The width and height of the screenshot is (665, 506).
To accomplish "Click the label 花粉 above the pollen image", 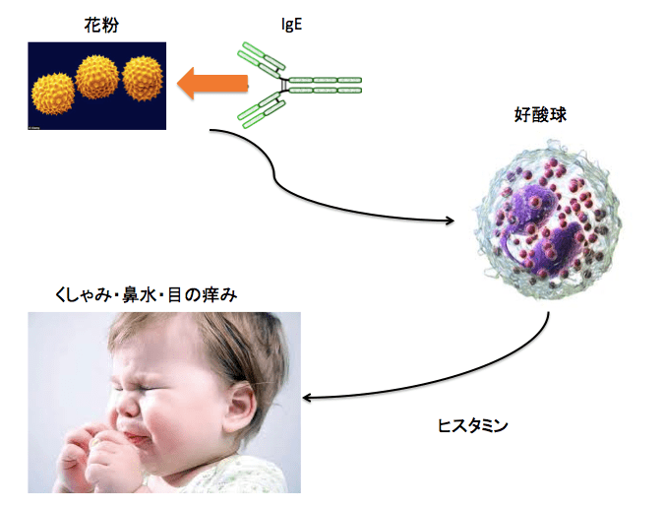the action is click(101, 25).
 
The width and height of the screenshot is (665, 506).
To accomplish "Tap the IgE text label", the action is click(292, 25).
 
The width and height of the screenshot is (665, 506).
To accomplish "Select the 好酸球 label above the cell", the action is click(540, 114).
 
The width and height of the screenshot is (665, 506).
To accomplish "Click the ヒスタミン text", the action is click(472, 425).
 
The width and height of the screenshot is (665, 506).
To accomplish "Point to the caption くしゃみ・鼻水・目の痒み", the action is click(146, 295).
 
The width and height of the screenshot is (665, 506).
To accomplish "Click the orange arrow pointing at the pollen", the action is click(212, 84).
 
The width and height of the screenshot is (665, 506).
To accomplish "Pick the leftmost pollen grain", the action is click(53, 95).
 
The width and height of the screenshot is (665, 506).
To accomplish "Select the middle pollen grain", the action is click(97, 77).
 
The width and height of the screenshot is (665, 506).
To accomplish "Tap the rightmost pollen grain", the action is click(143, 78).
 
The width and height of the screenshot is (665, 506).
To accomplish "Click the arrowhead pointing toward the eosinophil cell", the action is click(450, 221).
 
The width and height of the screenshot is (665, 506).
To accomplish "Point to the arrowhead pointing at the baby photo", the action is click(307, 398).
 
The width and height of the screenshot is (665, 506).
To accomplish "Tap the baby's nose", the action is click(128, 407).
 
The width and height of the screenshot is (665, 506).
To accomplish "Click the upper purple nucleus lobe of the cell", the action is click(531, 203).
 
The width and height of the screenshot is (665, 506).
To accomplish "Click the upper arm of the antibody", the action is click(261, 60).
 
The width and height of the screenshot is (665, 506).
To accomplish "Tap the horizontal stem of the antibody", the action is click(325, 85).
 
